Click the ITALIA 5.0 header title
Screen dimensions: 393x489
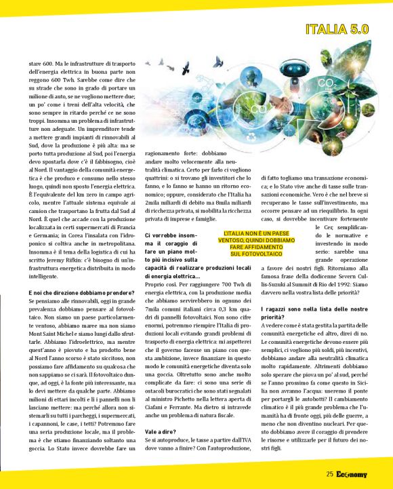tap(337, 29)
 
